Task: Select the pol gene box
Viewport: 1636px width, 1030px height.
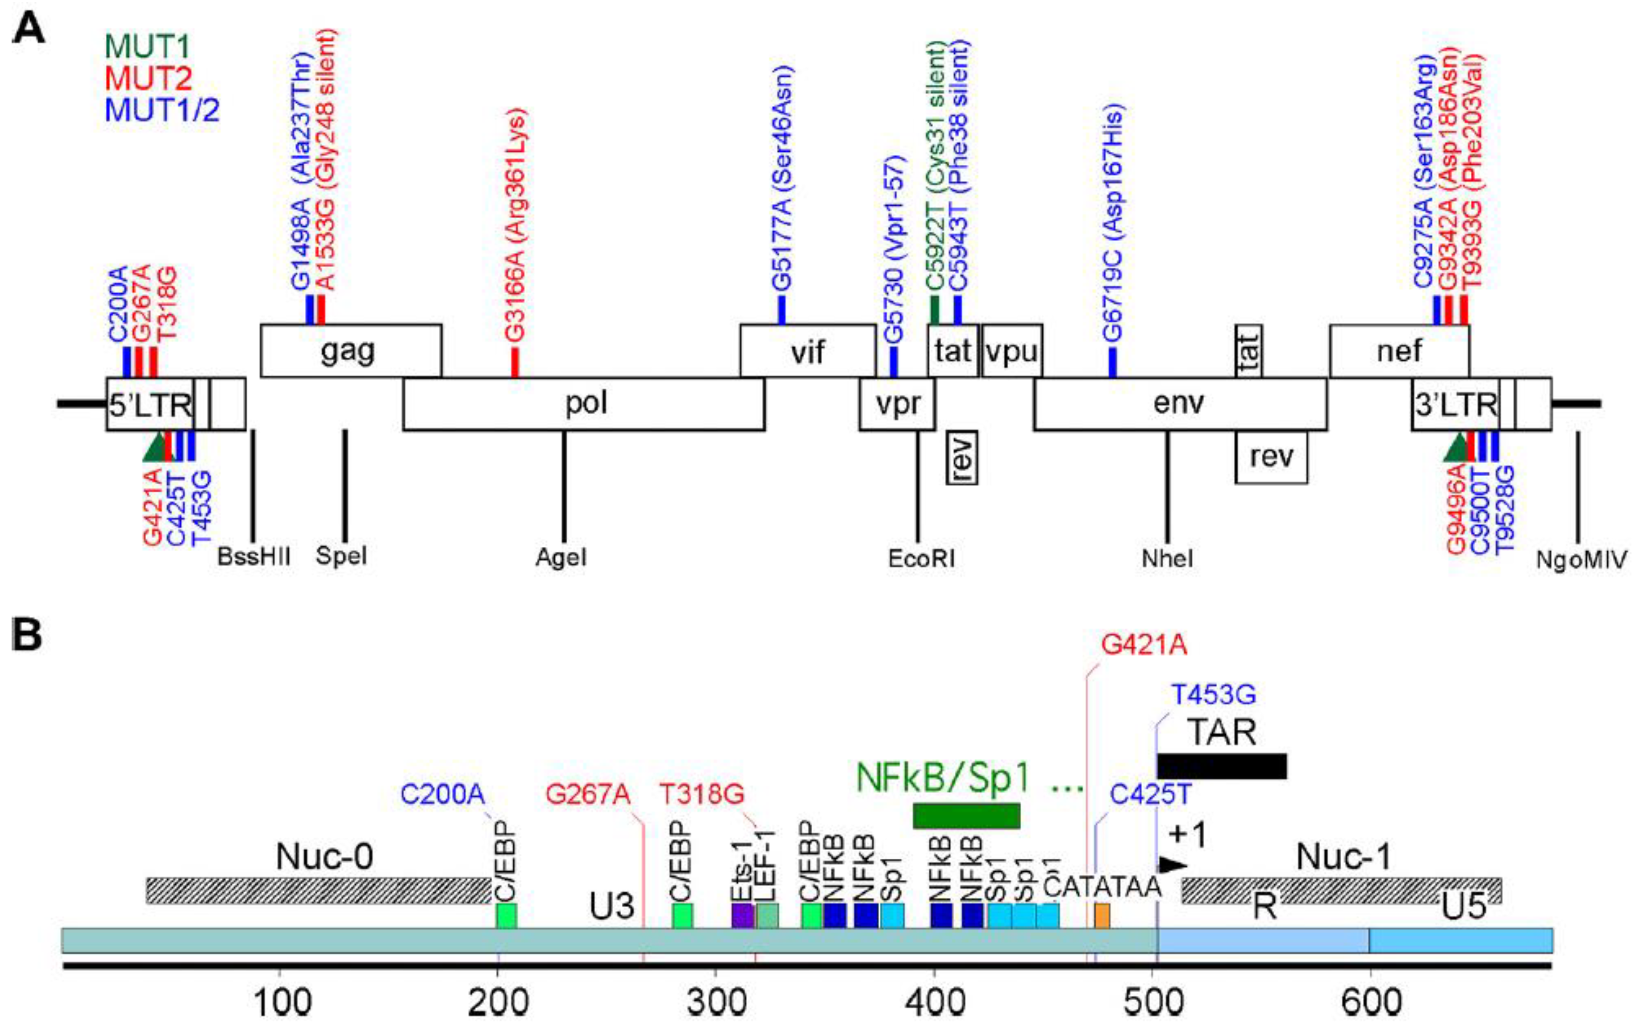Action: coord(584,404)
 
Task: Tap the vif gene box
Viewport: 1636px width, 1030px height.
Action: coord(807,351)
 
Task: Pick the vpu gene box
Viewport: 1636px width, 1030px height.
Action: coord(1012,351)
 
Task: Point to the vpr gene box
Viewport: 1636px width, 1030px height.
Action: coord(897,404)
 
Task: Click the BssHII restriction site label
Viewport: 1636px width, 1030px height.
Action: coord(253,557)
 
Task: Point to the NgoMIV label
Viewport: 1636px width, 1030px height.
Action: coord(1582,559)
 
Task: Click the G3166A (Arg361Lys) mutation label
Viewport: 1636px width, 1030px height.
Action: coord(515,224)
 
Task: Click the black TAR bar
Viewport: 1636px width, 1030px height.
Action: coord(1221,766)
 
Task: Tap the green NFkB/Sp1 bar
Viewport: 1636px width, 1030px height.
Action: coord(966,815)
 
